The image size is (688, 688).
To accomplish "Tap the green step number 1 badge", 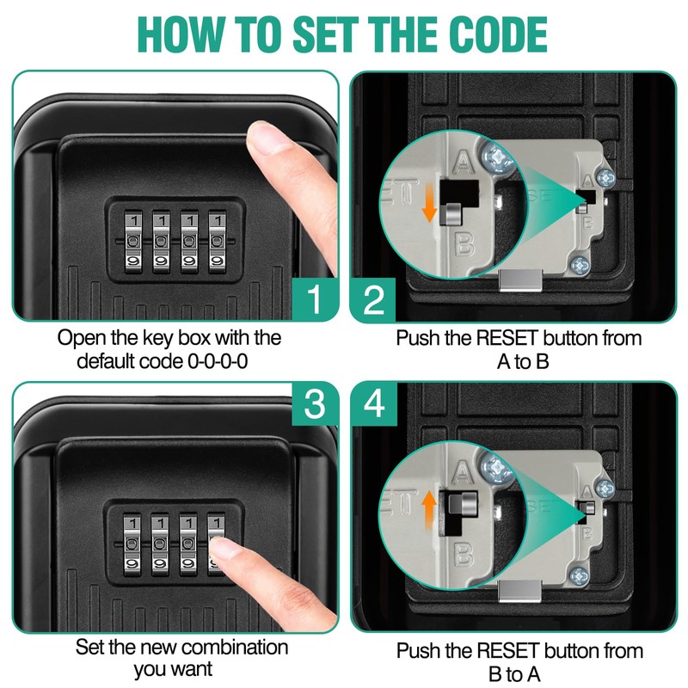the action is point(315,298).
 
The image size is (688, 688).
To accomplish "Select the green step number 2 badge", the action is point(373,300).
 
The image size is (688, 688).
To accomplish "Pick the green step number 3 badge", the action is point(315,403).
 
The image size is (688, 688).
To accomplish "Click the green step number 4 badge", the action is point(374,403).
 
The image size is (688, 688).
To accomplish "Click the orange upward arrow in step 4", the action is point(429,511).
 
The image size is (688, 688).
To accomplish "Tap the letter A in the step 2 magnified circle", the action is point(463,161).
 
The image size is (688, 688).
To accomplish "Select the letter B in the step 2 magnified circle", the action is point(464,244).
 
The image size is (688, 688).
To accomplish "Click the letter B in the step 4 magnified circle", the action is point(464,555).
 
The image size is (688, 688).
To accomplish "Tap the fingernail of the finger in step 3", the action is point(222,549).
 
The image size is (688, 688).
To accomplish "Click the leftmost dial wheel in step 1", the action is point(133,242).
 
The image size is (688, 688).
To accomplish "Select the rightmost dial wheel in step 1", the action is point(217,242).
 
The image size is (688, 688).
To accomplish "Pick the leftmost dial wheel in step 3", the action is point(132,544).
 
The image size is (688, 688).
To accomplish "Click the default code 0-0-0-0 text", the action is point(163,361).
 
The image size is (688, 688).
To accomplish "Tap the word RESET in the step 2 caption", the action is point(507,338).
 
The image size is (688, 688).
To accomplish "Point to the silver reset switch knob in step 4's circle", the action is point(461,503).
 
